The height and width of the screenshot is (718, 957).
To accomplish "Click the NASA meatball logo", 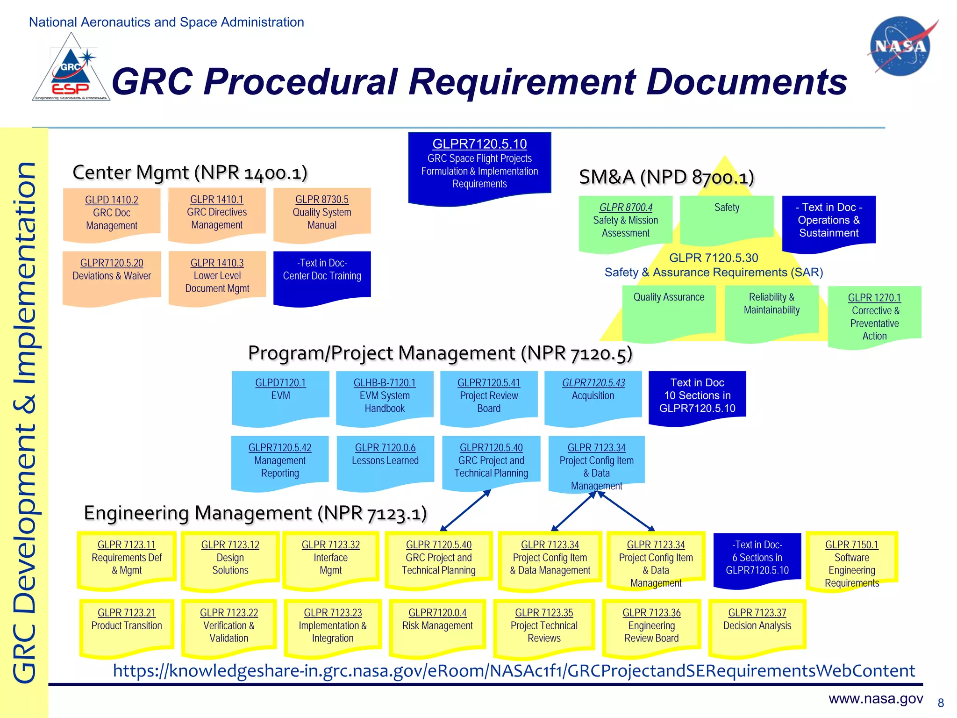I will (x=900, y=46).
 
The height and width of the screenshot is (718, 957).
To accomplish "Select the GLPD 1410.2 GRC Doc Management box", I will (x=112, y=213).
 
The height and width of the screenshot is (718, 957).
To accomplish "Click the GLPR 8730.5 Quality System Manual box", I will (x=322, y=213).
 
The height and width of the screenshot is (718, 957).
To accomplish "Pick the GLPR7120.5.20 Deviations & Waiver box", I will (x=112, y=276).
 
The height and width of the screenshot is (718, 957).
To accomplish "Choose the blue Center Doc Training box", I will (x=322, y=276).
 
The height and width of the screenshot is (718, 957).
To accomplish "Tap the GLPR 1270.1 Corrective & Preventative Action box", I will (x=874, y=316).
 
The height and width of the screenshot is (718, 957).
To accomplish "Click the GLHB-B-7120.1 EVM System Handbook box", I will (x=385, y=396).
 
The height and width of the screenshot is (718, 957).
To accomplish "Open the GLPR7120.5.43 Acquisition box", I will (x=593, y=396).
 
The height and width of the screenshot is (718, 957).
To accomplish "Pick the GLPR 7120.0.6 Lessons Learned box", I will (x=385, y=460).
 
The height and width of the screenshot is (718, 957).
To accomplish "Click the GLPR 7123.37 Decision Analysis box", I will (x=757, y=625).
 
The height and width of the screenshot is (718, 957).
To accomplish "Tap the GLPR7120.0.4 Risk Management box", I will (x=437, y=625).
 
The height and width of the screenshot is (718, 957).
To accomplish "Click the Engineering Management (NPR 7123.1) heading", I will (x=255, y=513).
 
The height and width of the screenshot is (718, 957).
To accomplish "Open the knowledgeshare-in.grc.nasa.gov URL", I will (x=514, y=671).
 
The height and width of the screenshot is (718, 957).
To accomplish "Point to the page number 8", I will (x=941, y=703).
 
